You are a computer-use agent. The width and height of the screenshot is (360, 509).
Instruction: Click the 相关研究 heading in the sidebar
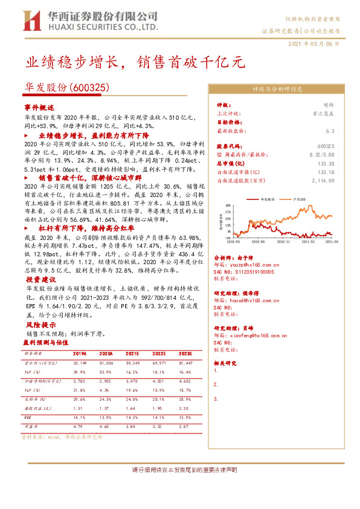click(226, 363)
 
